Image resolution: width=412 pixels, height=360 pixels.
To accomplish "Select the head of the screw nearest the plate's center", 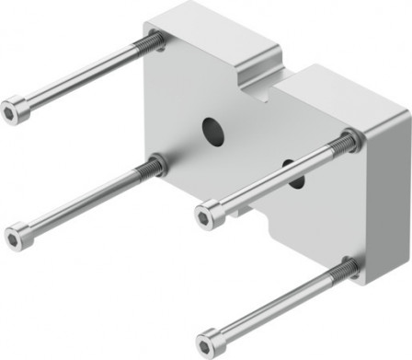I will (x=210, y=215).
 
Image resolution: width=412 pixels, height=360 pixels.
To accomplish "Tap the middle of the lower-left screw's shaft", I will (x=85, y=200).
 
